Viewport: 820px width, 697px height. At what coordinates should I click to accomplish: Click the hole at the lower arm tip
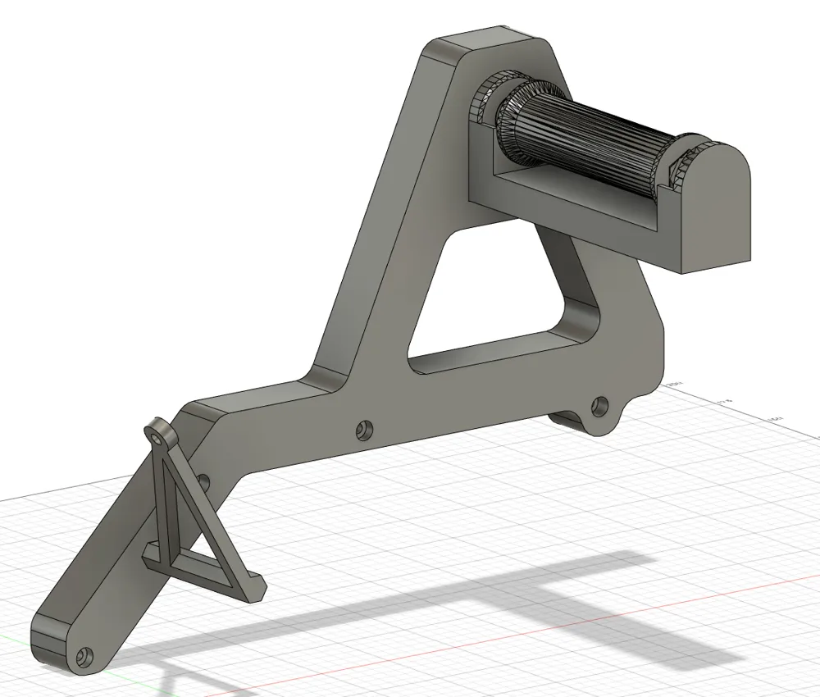pos(82,656)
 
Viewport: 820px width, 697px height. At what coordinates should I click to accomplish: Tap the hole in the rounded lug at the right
pos(601,404)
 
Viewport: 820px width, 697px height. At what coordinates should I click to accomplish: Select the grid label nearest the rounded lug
pos(675,384)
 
